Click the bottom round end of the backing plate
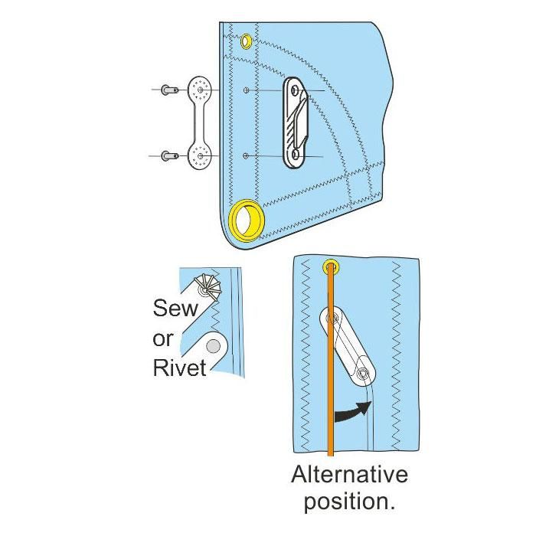pyautogui.click(x=200, y=157)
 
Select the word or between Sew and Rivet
pyautogui.click(x=165, y=339)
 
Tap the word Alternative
pyautogui.click(x=349, y=476)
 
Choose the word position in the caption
pyautogui.click(x=349, y=503)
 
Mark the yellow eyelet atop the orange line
pyautogui.click(x=331, y=266)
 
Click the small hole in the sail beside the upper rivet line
pyautogui.click(x=245, y=91)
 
